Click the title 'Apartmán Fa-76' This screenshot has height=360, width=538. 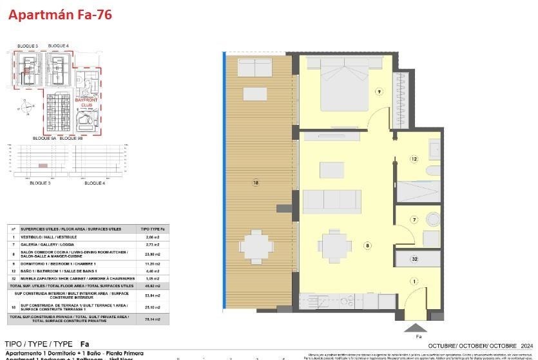click(60, 15)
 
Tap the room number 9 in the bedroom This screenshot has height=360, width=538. click(379, 91)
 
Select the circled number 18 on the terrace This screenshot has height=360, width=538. click(256, 183)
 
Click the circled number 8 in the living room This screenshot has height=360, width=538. click(367, 245)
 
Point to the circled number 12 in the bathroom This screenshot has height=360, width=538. click(414, 158)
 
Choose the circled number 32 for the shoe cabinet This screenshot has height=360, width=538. click(415, 259)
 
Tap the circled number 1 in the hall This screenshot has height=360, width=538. click(414, 280)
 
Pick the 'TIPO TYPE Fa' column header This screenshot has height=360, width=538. click(153, 229)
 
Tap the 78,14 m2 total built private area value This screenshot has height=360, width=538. click(153, 318)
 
